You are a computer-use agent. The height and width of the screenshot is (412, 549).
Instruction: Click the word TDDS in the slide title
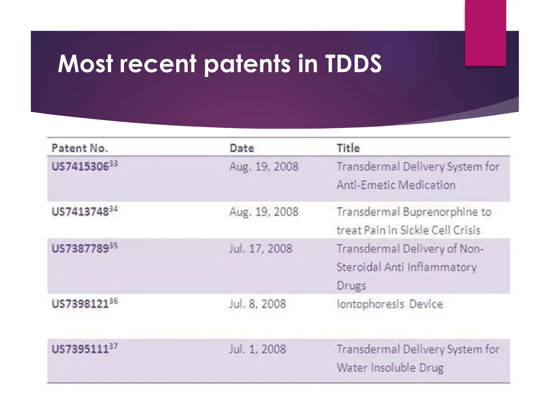tap(353, 64)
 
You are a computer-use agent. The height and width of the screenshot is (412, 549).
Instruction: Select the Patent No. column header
tap(80, 148)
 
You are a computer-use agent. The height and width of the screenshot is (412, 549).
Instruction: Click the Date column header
tap(242, 148)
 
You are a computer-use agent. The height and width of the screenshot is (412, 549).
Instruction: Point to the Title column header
tap(348, 148)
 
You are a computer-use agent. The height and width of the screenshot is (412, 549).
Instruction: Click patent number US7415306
tap(80, 167)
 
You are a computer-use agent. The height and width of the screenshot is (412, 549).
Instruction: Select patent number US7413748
tap(80, 212)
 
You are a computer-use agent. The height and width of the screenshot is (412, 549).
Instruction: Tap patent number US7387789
tap(80, 249)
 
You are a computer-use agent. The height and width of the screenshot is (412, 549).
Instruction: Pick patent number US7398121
tap(80, 304)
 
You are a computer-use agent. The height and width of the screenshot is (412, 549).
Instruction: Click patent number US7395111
tap(80, 349)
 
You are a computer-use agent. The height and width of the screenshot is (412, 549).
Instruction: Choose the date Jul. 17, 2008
tap(261, 249)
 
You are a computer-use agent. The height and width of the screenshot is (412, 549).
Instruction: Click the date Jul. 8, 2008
tap(258, 304)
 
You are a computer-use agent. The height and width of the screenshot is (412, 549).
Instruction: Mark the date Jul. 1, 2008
tap(258, 349)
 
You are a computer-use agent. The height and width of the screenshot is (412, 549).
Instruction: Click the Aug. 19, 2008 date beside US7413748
tap(264, 212)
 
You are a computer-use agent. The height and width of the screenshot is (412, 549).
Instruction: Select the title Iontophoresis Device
tap(390, 304)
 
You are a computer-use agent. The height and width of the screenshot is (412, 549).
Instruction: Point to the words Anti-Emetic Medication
tap(396, 185)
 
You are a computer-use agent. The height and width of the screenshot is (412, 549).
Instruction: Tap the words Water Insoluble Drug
tap(390, 368)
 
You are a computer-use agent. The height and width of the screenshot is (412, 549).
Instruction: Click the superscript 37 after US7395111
tap(113, 346)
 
